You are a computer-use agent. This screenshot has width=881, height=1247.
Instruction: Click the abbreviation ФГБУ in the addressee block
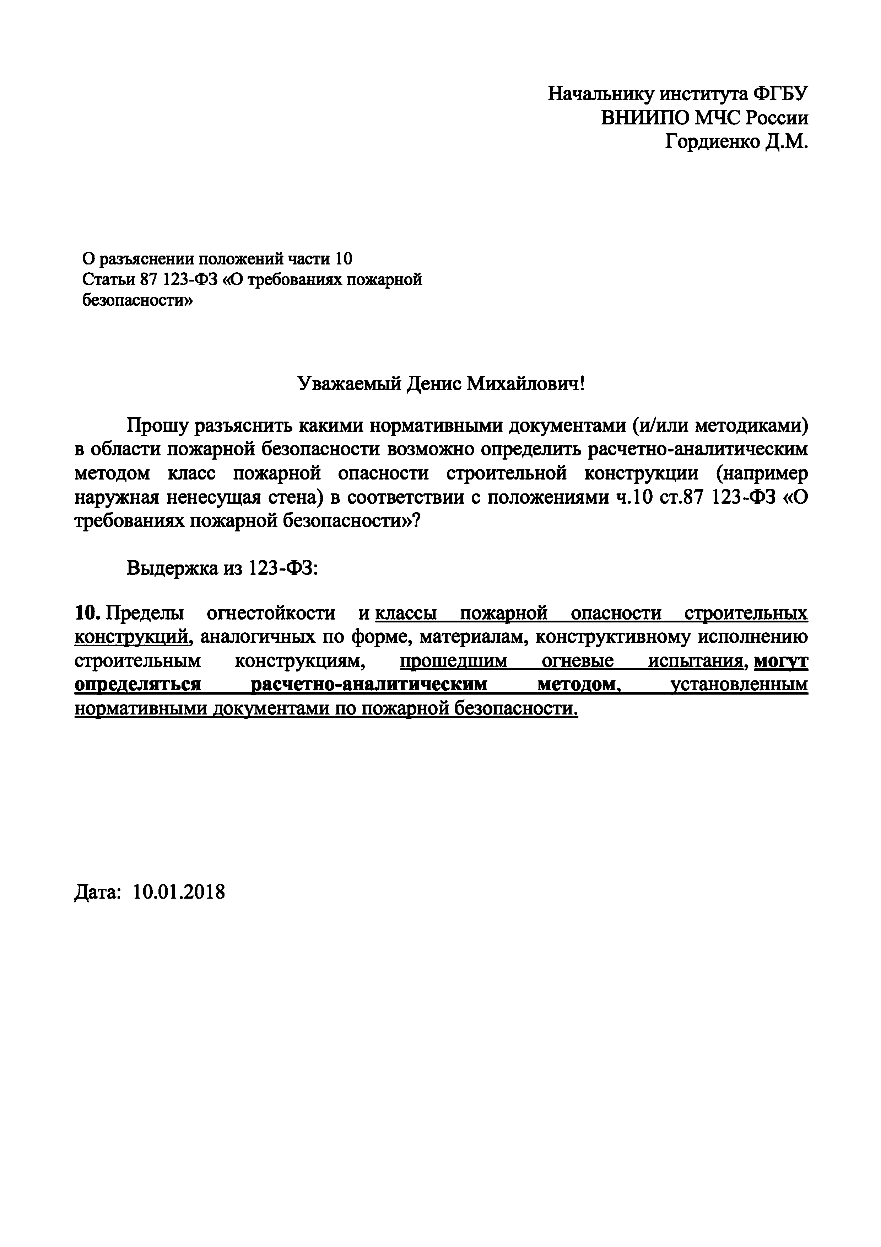780,94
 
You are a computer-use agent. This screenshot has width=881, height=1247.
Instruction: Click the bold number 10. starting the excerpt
87,614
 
